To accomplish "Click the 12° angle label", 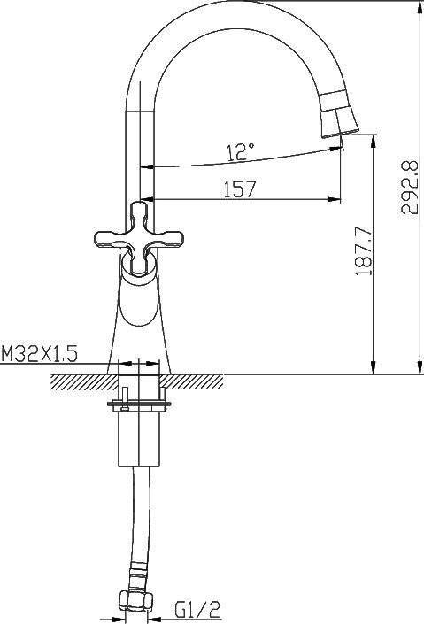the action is (241, 151).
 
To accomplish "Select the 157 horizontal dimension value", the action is (239, 189).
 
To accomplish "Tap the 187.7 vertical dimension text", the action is (364, 251).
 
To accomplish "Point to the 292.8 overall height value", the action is (409, 187).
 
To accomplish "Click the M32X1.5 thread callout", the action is (39, 353).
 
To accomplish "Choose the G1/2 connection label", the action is (197, 609).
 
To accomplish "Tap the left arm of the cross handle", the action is (112, 238).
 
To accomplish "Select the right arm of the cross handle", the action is (167, 238).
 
